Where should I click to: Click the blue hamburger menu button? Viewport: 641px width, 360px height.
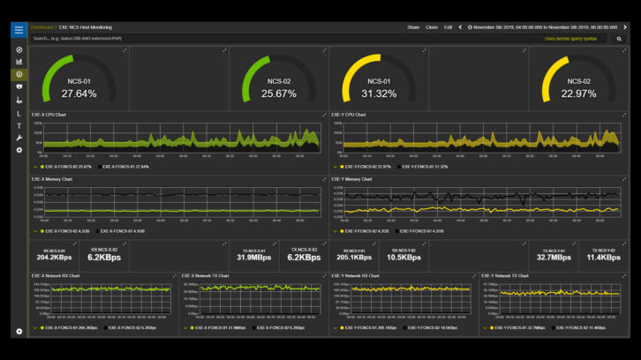[x=19, y=29]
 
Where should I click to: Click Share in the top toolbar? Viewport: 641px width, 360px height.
[x=413, y=27]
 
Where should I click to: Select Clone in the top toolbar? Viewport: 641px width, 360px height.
[x=432, y=27]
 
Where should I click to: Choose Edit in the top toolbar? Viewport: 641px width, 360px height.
[x=449, y=27]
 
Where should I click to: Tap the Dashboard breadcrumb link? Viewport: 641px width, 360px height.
[x=41, y=27]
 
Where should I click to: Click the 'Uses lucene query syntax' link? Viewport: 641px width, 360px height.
[x=570, y=39]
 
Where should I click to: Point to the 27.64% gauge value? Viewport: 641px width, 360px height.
[x=79, y=94]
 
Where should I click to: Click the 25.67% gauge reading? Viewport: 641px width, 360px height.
[x=279, y=94]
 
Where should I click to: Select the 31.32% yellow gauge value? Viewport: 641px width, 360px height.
[x=379, y=94]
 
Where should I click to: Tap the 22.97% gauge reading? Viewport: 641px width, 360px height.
[x=578, y=94]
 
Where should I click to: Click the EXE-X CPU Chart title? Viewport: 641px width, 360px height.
[x=50, y=114]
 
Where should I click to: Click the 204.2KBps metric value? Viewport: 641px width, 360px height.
[x=54, y=258]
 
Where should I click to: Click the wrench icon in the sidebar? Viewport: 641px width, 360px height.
[x=19, y=139]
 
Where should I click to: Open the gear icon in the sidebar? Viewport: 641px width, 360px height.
[x=19, y=150]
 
